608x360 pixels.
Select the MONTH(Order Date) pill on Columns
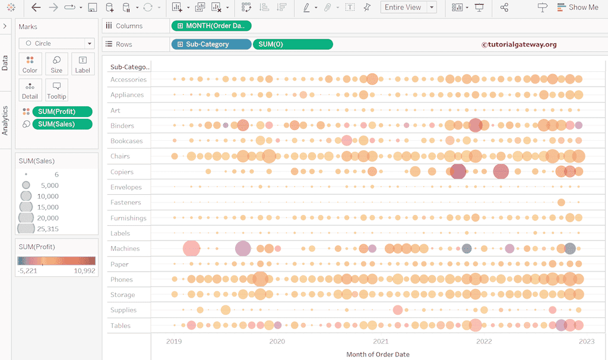(x=211, y=26)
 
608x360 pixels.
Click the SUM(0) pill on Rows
(x=292, y=44)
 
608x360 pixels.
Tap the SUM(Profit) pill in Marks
(x=62, y=112)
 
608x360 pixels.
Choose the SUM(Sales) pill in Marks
(x=62, y=124)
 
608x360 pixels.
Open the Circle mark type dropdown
(x=56, y=43)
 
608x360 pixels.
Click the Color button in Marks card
(x=30, y=64)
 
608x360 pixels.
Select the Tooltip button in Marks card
(x=56, y=90)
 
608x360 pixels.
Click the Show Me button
(x=578, y=7)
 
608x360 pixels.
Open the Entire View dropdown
(x=410, y=7)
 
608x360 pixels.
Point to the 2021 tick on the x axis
(x=381, y=341)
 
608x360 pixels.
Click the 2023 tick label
(x=587, y=341)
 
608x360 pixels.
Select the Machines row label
(x=125, y=248)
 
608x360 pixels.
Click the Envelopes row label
(x=126, y=187)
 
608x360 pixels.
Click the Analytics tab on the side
(x=5, y=121)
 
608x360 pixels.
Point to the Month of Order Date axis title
(x=378, y=354)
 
